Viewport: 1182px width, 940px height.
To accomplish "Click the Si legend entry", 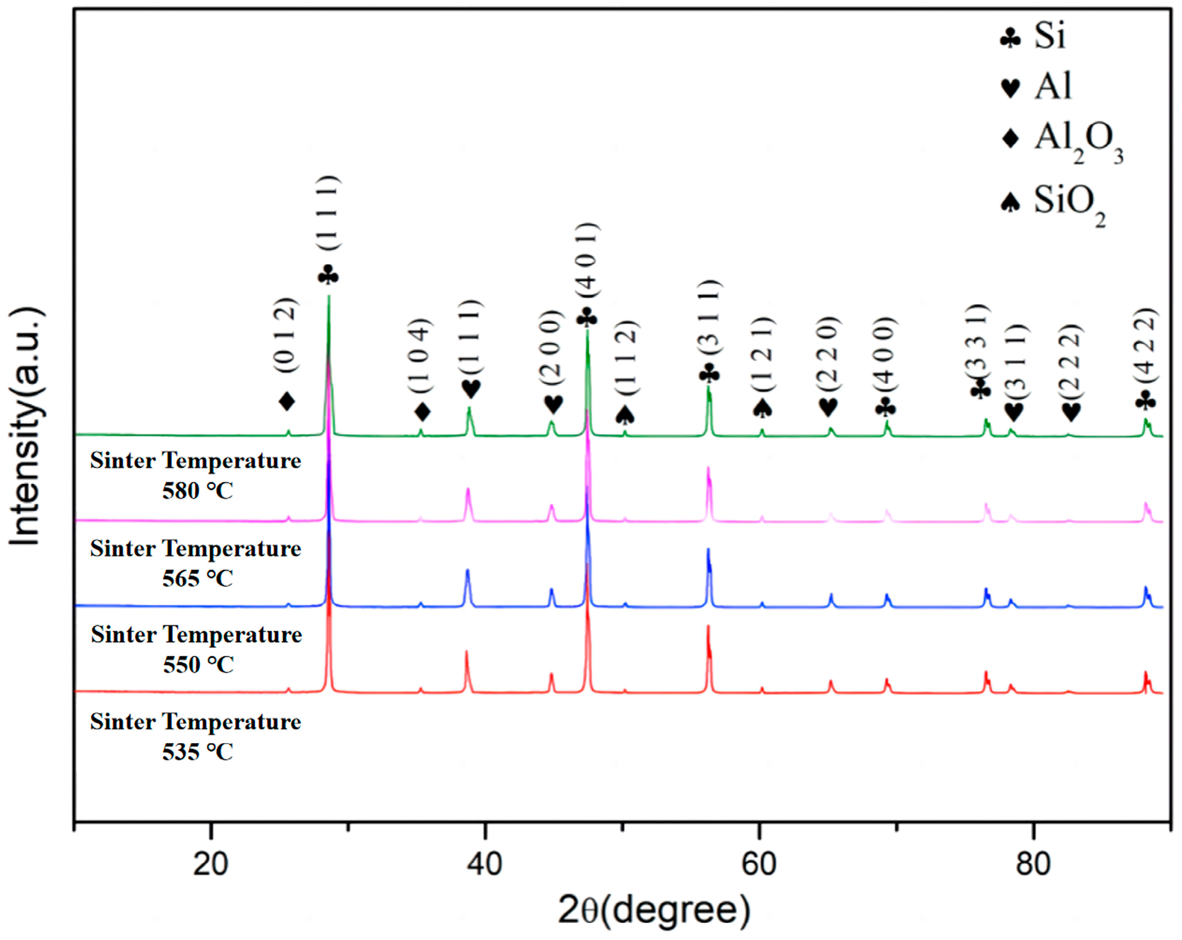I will point(1049,36).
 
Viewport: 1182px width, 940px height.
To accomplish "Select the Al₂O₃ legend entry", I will point(1078,140).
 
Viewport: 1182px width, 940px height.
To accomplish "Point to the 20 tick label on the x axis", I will point(211,865).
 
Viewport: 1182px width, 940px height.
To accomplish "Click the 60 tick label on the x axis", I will point(759,865).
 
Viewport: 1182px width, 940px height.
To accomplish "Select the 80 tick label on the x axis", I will point(1033,865).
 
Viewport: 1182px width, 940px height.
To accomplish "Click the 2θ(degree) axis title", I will point(654,910).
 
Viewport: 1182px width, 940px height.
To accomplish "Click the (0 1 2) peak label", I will point(287,335).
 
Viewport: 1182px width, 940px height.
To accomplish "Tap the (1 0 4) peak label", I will point(421,356).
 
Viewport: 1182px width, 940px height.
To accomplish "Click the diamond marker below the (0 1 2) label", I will point(287,401).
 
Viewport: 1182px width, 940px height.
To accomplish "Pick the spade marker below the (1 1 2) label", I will point(625,415).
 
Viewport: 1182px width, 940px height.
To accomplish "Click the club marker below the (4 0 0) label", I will point(886,408).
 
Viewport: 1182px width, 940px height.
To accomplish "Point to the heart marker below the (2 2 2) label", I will point(1071,412).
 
